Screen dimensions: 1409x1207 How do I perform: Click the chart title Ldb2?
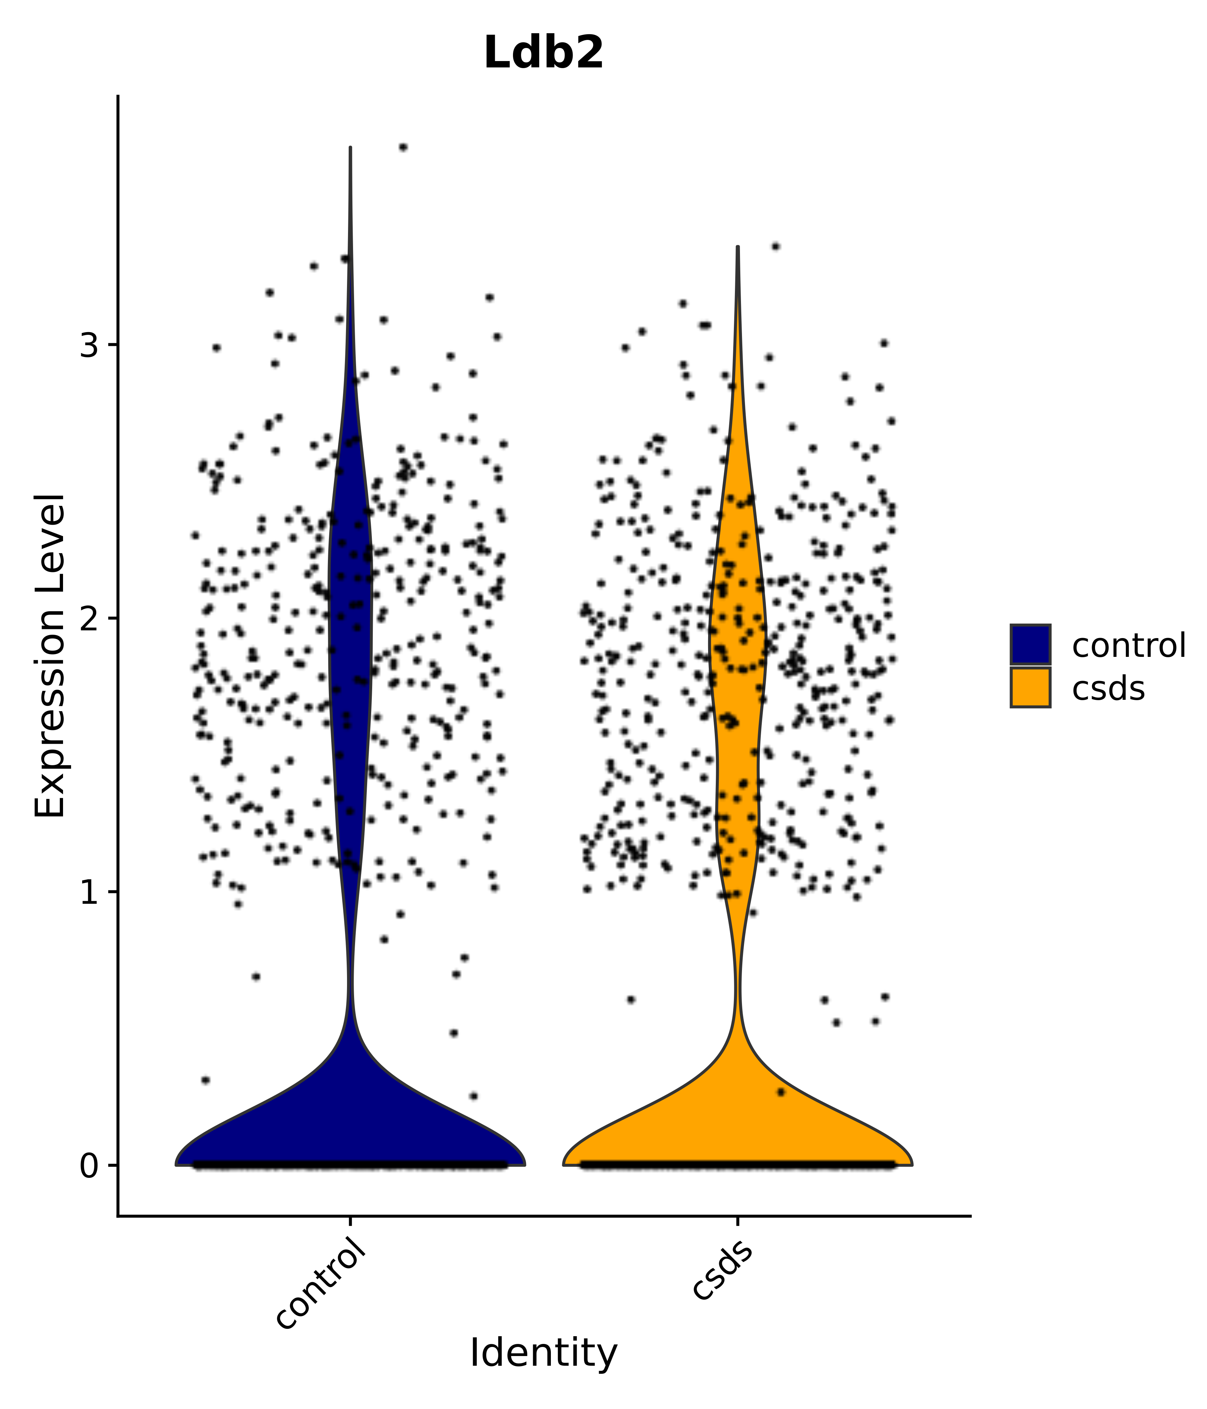click(x=543, y=53)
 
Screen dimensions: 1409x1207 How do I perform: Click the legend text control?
click(x=1128, y=645)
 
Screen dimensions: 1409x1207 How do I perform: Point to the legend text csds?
click(x=1108, y=689)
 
